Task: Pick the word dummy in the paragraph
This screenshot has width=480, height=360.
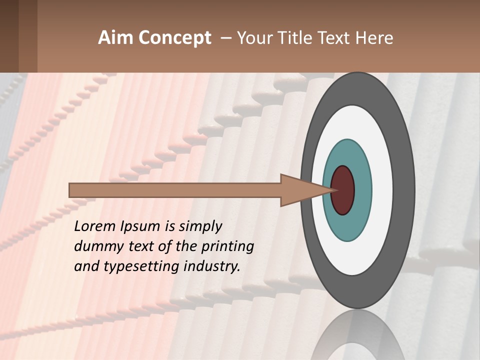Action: tap(96, 246)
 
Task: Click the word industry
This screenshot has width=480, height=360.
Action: tap(211, 266)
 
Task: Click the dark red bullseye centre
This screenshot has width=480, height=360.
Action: tap(343, 190)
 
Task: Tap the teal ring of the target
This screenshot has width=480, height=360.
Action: tap(347, 150)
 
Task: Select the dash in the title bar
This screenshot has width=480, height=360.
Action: tap(225, 38)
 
